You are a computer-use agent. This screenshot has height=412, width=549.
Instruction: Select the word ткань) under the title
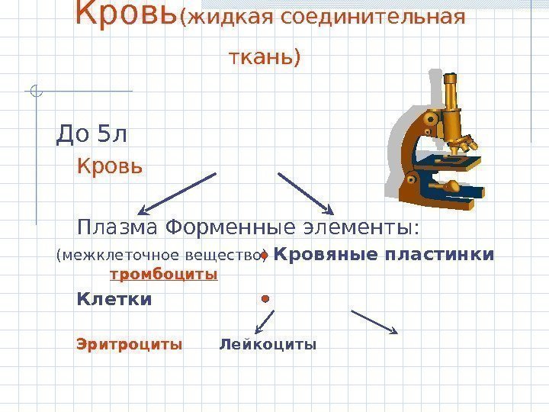coord(265,57)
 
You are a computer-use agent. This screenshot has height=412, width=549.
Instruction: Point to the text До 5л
coord(91,135)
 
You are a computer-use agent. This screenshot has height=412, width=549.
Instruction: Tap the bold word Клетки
coord(114,300)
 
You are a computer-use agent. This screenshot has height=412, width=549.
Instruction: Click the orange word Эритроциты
coord(130,344)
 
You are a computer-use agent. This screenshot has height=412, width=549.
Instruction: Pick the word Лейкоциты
coord(267,344)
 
